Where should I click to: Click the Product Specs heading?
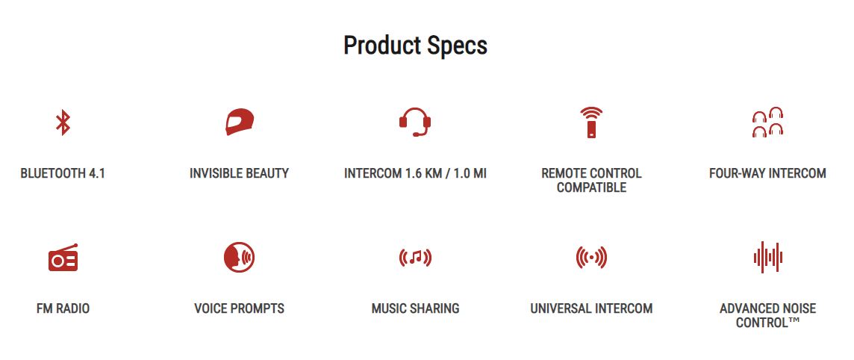pos(415,46)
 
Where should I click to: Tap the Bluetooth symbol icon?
pos(63,122)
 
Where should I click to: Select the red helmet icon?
pos(240,122)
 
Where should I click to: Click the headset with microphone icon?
pos(415,122)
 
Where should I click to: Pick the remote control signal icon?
pos(591,122)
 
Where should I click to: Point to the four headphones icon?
pos(767,122)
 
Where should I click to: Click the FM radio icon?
pos(63,257)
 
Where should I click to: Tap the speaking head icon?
pos(239,257)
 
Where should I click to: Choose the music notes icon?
pos(415,257)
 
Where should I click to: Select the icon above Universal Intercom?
pos(591,257)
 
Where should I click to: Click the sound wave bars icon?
pos(768,257)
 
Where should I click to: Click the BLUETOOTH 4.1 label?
pos(63,174)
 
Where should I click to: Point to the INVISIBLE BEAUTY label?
pos(239,174)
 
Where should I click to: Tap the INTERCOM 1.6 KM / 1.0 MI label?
pos(415,174)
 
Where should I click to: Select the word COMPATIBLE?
pos(591,188)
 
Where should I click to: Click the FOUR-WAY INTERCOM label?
pos(767,174)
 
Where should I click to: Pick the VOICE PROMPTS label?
pos(239,308)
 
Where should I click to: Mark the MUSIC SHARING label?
pos(415,308)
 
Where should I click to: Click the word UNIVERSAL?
pos(558,308)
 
